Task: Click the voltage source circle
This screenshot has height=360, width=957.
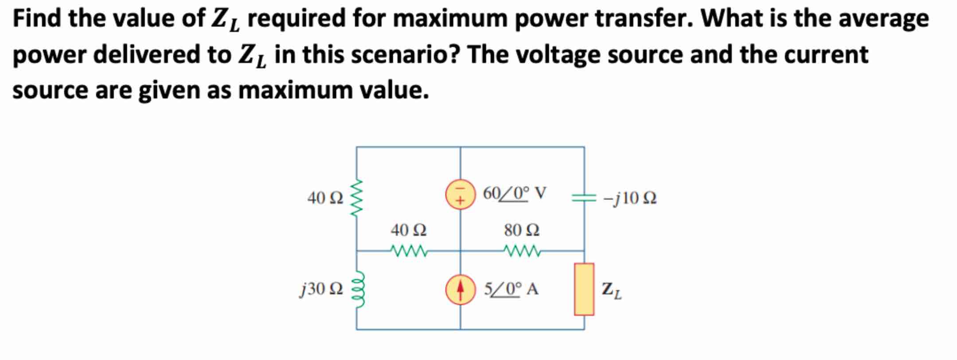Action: [x=460, y=197]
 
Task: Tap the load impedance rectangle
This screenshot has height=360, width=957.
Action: [x=584, y=289]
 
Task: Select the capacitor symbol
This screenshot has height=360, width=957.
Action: [x=584, y=198]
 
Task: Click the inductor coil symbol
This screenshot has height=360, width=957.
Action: [x=357, y=289]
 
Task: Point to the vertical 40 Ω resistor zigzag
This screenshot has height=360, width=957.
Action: [x=357, y=198]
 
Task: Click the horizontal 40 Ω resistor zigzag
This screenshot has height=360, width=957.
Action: [x=409, y=251]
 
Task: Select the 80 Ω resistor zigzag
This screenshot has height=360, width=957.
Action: [x=522, y=251]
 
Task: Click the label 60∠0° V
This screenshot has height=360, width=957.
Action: [x=515, y=193]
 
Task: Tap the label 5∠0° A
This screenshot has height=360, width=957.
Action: [x=511, y=289]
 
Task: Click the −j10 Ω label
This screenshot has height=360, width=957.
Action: [x=630, y=198]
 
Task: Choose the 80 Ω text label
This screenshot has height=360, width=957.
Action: [x=522, y=230]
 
